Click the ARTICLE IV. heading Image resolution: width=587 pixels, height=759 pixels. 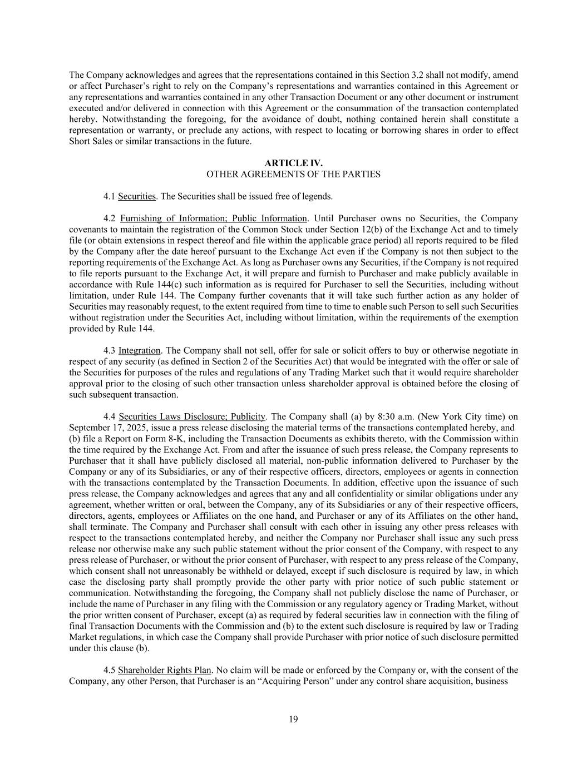[x=293, y=163]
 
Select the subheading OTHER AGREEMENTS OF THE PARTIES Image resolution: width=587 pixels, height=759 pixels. [x=293, y=174]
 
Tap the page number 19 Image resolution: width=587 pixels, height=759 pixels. [x=293, y=720]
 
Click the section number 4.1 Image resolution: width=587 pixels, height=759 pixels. [x=109, y=196]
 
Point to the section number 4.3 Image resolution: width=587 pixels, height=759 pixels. [x=109, y=350]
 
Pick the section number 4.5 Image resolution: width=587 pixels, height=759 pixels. [x=109, y=670]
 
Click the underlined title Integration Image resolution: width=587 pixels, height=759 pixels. [x=139, y=350]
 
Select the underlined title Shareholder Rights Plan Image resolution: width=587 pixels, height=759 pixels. [x=165, y=670]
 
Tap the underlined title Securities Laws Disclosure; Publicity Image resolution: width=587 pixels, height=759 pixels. [x=192, y=416]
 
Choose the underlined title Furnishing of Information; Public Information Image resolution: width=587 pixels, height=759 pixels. [x=213, y=219]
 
